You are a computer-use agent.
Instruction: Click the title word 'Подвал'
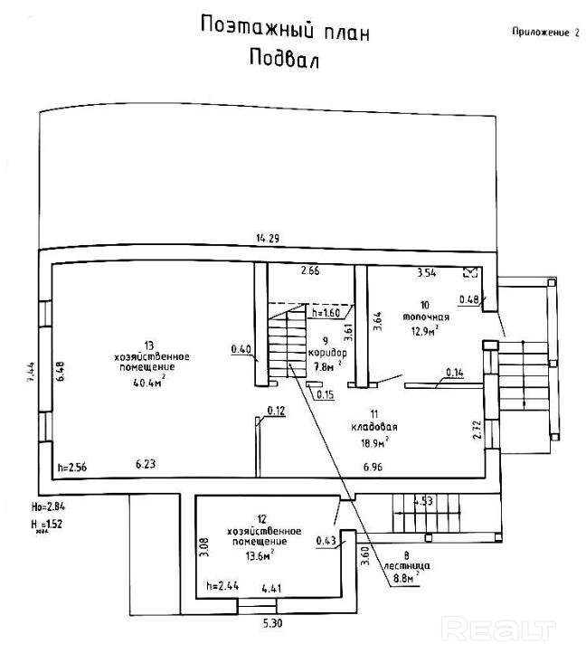coord(284,59)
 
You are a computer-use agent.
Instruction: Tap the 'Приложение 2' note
coord(544,32)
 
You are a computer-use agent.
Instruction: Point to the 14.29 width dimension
coord(267,238)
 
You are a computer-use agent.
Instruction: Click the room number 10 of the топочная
coord(425,306)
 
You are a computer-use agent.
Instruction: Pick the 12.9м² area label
coord(422,331)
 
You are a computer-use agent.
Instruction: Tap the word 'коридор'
coord(327,353)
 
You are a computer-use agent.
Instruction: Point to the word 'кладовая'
coord(377,426)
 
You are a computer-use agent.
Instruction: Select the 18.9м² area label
coord(373,441)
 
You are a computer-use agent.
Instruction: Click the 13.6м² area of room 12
coord(261,556)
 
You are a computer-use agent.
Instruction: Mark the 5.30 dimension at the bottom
coord(271,623)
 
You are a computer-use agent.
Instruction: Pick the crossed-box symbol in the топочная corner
coord(470,271)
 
